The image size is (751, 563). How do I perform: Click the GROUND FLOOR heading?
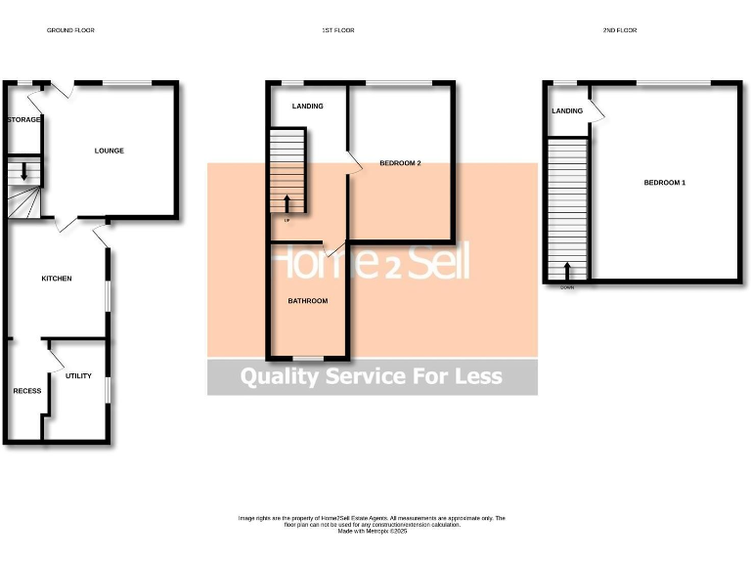click(70, 30)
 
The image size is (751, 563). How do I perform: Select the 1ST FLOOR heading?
click(338, 30)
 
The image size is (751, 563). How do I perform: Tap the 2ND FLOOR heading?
click(620, 30)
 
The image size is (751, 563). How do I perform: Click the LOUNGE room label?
click(109, 151)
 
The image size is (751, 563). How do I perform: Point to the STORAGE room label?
click(24, 119)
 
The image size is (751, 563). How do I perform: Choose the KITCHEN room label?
click(56, 279)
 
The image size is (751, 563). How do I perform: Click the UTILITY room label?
click(78, 375)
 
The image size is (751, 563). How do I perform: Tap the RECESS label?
click(26, 391)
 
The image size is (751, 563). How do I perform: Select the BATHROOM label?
click(307, 301)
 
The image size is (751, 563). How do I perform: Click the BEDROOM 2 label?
click(400, 163)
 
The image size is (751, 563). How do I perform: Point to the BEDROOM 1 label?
click(664, 183)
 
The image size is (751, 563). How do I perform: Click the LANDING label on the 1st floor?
click(307, 107)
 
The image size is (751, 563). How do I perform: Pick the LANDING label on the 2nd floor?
click(567, 111)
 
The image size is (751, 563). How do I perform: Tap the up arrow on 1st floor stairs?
click(287, 202)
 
